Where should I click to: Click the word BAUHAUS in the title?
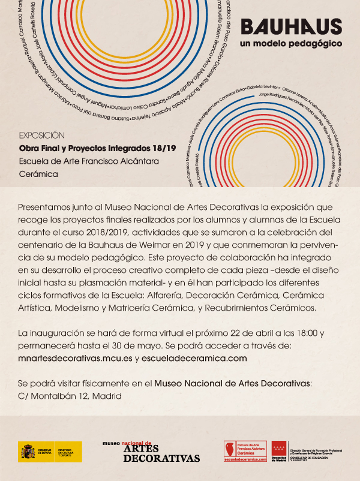click(x=291, y=27)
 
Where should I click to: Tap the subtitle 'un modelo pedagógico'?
click(x=290, y=44)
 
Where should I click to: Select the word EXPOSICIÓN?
click(x=42, y=135)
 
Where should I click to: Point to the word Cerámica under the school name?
click(x=38, y=174)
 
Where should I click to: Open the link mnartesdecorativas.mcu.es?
click(x=75, y=357)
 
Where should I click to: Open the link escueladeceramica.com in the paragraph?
click(x=196, y=357)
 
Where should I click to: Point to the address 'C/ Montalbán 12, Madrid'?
click(x=70, y=396)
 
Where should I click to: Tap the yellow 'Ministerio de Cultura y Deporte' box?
click(x=68, y=452)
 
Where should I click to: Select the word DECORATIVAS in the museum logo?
click(x=161, y=458)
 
